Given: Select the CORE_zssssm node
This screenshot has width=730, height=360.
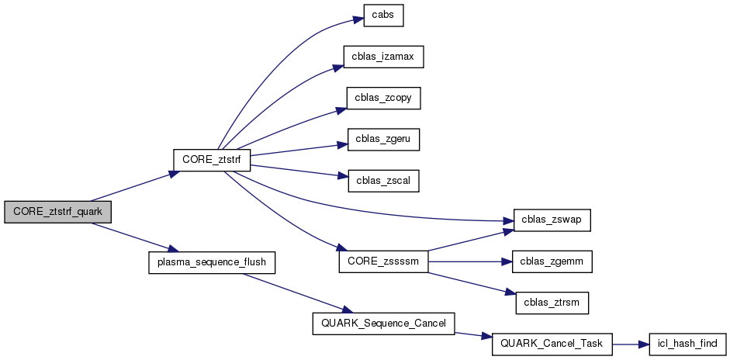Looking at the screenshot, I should (384, 261).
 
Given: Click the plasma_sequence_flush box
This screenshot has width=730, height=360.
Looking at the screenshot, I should (212, 261).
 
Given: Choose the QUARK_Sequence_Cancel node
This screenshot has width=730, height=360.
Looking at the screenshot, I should (383, 324).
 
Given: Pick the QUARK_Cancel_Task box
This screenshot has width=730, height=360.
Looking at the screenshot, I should (552, 344).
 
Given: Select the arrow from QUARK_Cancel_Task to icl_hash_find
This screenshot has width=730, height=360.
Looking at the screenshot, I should (630, 344).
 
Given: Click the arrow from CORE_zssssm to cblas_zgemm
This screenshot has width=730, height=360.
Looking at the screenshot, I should (470, 262).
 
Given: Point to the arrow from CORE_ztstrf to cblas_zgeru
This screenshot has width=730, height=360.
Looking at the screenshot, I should (287, 147).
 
